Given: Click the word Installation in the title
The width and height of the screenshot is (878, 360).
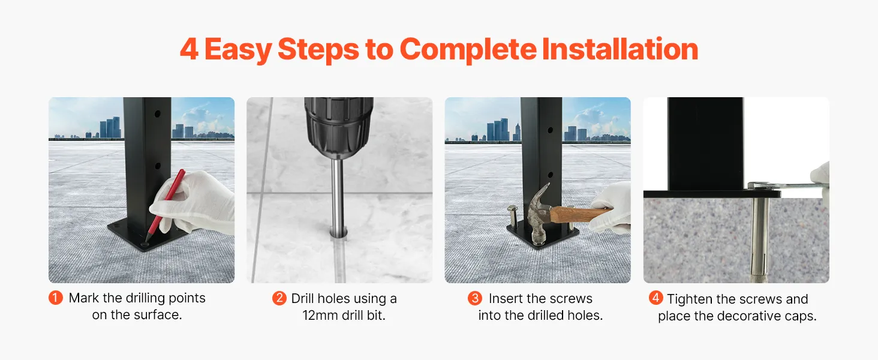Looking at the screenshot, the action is point(620,49).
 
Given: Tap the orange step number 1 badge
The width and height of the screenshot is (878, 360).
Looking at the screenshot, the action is point(56,298).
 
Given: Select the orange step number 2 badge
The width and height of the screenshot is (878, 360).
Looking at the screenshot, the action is point(279,298).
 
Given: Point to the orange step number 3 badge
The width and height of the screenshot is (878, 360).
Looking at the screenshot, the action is point(474,298).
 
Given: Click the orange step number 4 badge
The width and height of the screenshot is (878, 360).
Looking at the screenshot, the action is point(656,298).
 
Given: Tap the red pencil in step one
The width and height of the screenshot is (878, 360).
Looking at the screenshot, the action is point(164,205).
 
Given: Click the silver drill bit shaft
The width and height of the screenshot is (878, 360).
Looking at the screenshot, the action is point(338,196).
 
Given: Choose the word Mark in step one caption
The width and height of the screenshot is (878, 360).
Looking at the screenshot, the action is point(84,298).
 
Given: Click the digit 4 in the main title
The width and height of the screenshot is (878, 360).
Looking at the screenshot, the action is point(190,50).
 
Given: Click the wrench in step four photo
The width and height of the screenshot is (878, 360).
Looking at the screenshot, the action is point(788,187).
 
